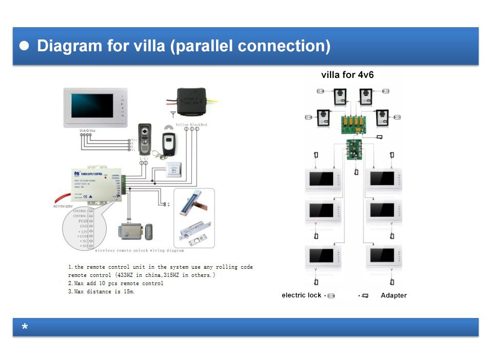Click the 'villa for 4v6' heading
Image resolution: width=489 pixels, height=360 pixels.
click(347, 75)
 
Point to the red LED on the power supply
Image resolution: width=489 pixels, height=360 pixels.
click(105, 177)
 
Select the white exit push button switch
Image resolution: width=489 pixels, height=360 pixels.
click(174, 170)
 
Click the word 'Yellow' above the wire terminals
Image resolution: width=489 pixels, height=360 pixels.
click(182, 125)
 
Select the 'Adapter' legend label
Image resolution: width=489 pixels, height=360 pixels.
click(394, 295)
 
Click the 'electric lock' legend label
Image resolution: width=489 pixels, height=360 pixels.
click(301, 295)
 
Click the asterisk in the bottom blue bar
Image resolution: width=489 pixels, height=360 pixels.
click(25, 327)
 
